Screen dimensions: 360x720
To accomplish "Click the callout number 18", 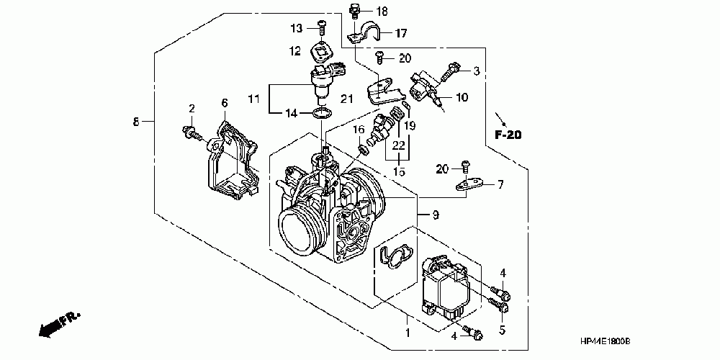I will coord(382,11).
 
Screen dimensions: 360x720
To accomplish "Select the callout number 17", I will coord(400,32).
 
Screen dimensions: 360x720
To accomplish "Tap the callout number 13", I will coord(295,28).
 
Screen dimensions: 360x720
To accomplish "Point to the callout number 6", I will coord(224,103).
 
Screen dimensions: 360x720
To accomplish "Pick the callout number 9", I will coord(434,214).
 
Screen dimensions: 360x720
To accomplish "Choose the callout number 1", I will coord(407,333).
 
